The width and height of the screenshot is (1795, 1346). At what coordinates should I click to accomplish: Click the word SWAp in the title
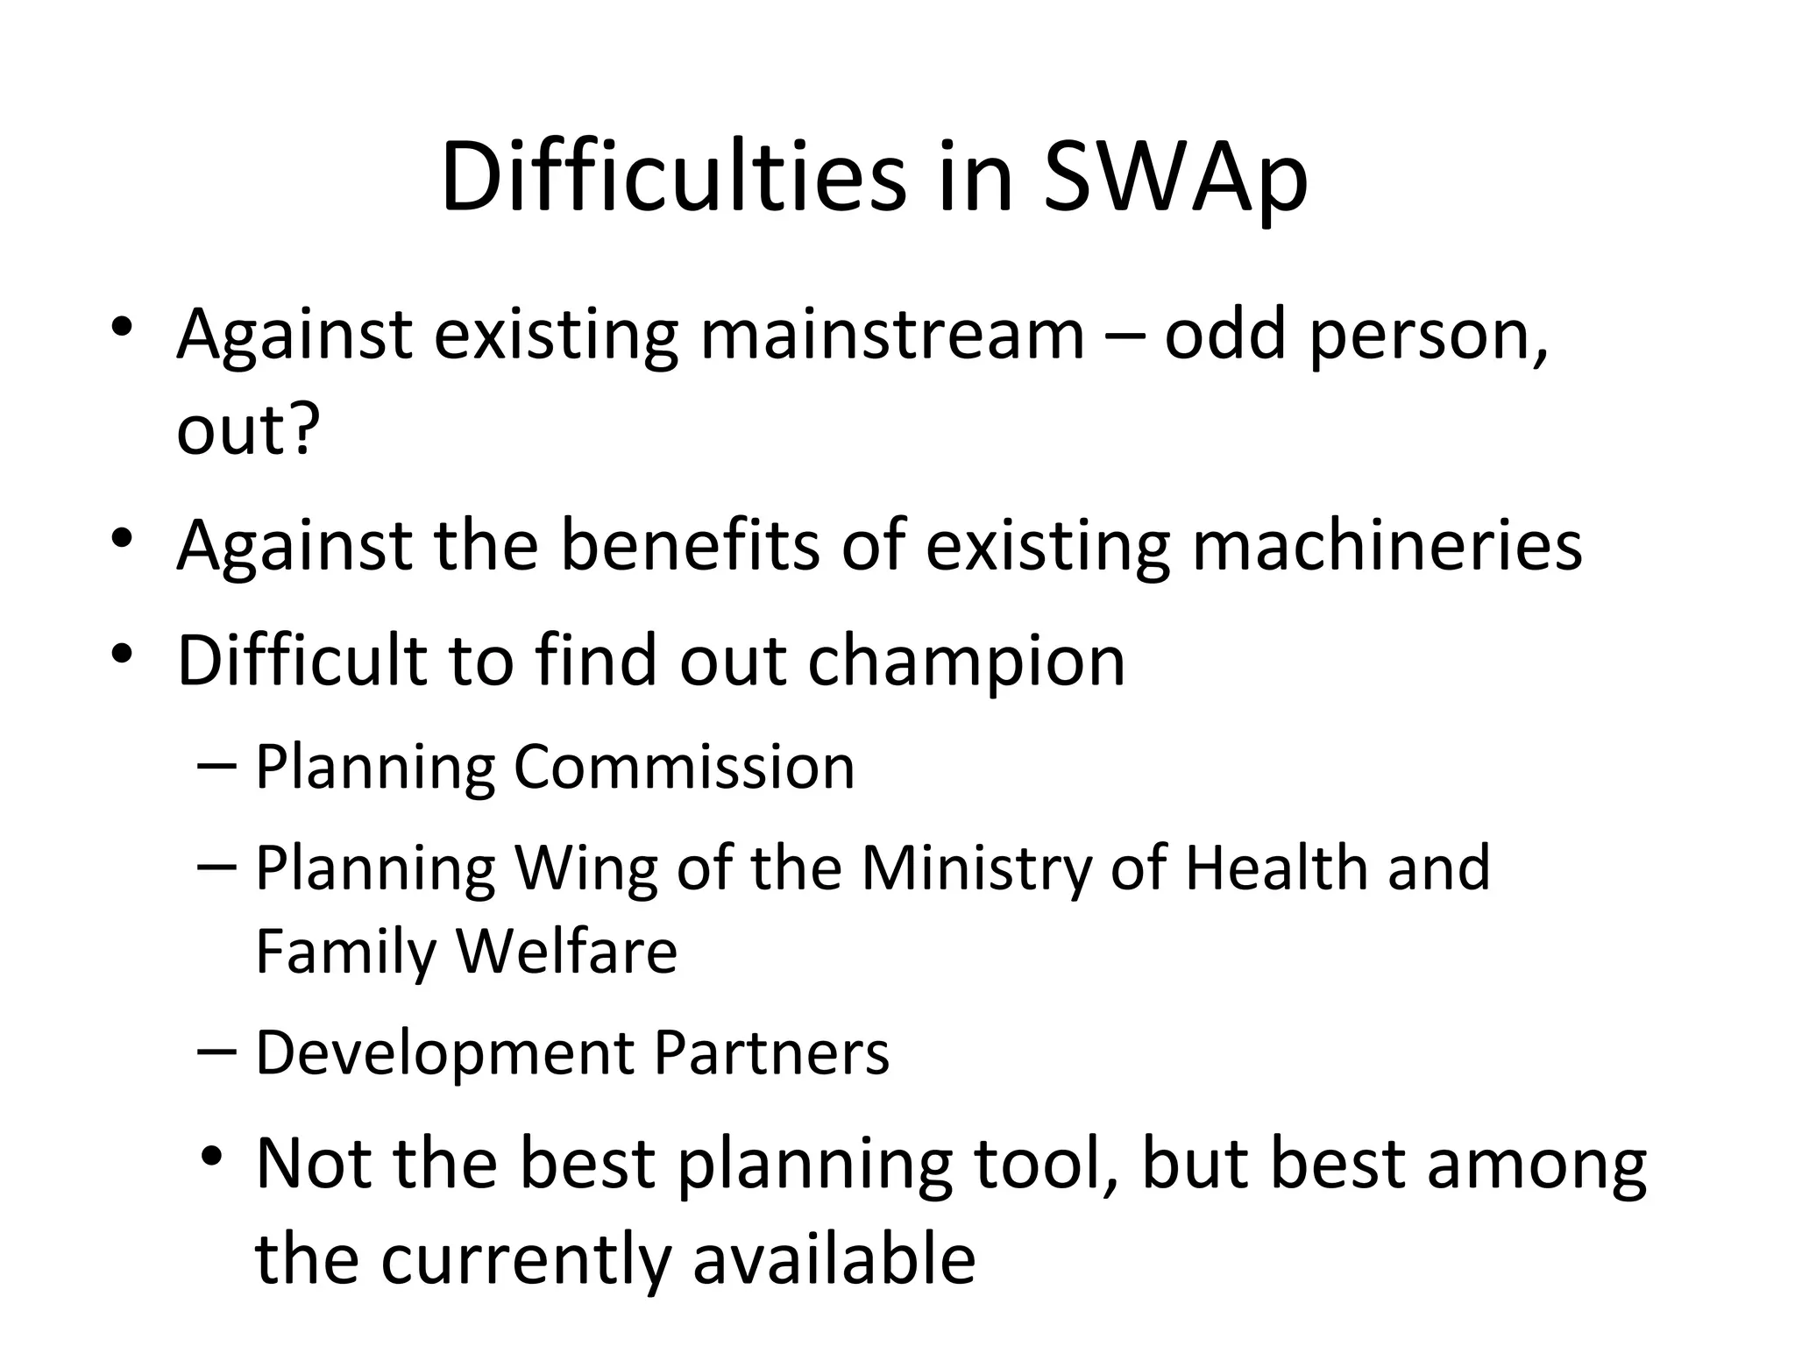[x=1175, y=180]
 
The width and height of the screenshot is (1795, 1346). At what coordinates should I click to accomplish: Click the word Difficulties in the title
[x=673, y=180]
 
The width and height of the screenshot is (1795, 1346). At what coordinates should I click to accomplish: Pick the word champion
[x=966, y=661]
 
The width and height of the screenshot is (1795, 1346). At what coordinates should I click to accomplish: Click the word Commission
[x=684, y=767]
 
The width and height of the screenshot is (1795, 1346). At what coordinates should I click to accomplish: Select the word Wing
[x=585, y=869]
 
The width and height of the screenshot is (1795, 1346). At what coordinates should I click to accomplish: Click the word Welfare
[x=567, y=952]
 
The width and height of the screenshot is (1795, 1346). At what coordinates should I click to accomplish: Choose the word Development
[x=443, y=1053]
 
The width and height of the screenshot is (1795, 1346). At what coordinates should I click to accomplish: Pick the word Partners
[x=772, y=1052]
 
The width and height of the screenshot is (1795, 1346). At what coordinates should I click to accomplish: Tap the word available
[x=834, y=1259]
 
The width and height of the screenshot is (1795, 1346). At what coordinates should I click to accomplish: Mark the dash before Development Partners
[x=218, y=1050]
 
